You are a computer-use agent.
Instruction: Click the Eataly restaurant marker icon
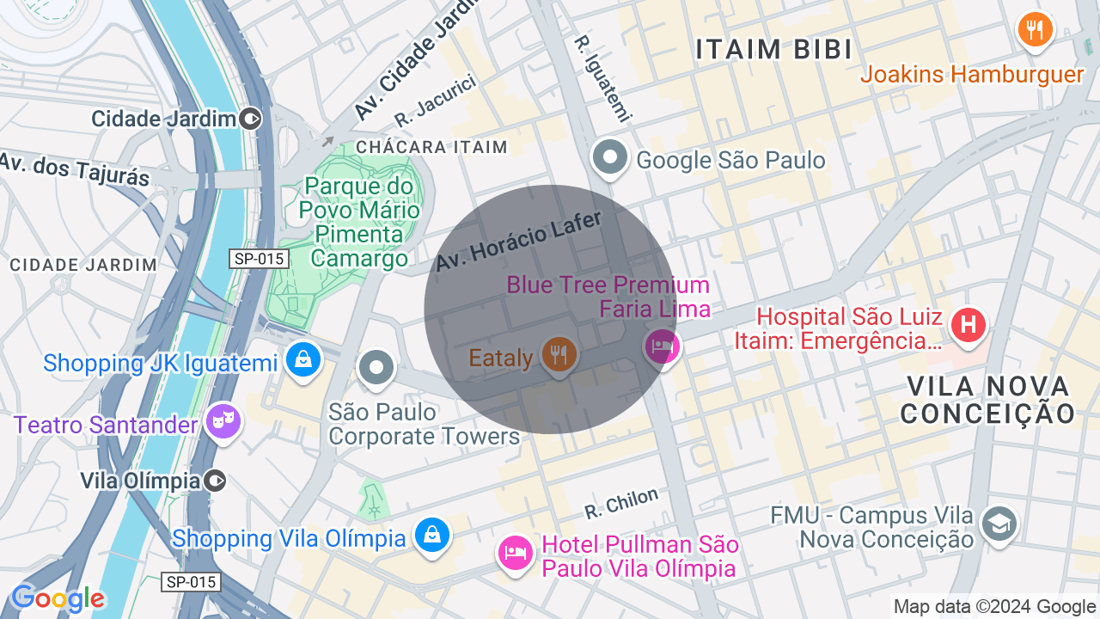(559, 354)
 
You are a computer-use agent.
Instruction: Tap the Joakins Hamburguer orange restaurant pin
(1036, 31)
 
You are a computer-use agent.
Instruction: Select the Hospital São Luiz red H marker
(969, 326)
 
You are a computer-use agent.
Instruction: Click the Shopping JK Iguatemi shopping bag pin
(303, 360)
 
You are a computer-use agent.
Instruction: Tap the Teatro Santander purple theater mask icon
(223, 422)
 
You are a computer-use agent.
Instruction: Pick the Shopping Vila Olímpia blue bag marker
(431, 535)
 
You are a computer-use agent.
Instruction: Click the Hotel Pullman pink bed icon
(515, 551)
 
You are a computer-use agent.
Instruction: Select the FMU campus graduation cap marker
(999, 524)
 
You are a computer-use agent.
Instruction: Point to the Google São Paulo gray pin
(610, 158)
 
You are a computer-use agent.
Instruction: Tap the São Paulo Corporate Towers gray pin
(376, 368)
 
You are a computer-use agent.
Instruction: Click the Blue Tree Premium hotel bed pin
(663, 346)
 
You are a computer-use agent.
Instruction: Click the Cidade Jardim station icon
(252, 119)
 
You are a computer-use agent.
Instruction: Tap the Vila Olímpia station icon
(216, 480)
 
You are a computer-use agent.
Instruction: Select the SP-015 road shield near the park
(259, 258)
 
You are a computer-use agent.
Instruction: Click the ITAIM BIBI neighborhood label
(774, 49)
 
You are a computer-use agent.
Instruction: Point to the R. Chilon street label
(621, 503)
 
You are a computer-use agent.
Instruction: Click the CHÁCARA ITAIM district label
(431, 147)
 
